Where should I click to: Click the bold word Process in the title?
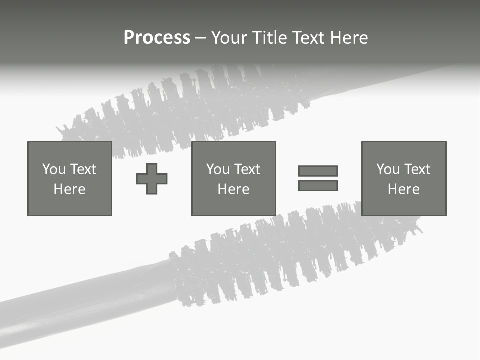[x=157, y=38]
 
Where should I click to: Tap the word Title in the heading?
[x=269, y=38]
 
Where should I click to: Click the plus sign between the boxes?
[x=152, y=178]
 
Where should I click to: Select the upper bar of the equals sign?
[x=318, y=171]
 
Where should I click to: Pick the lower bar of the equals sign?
[x=318, y=185]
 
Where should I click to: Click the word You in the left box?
[x=54, y=169]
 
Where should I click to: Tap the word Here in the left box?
[x=69, y=189]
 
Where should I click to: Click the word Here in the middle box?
[x=233, y=189]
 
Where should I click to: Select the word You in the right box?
[x=388, y=169]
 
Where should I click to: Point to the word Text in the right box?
[x=417, y=169]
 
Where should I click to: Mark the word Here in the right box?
[x=403, y=189]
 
